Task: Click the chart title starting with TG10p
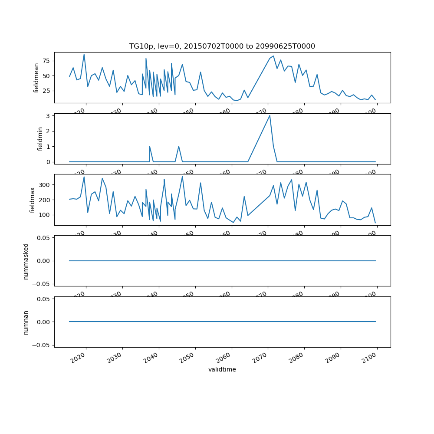(222, 46)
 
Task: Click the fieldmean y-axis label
(36, 78)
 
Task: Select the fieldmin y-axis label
(40, 139)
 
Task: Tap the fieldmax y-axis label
(32, 200)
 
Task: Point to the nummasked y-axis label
(26, 261)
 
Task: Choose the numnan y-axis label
(26, 322)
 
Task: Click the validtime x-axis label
(222, 370)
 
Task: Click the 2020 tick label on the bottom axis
(81, 358)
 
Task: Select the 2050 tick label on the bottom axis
(190, 358)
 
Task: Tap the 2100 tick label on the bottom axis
(372, 358)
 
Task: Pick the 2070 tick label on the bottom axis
(263, 358)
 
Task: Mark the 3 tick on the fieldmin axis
(49, 115)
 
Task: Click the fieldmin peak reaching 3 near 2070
(270, 115)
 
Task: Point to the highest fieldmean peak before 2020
(84, 55)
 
